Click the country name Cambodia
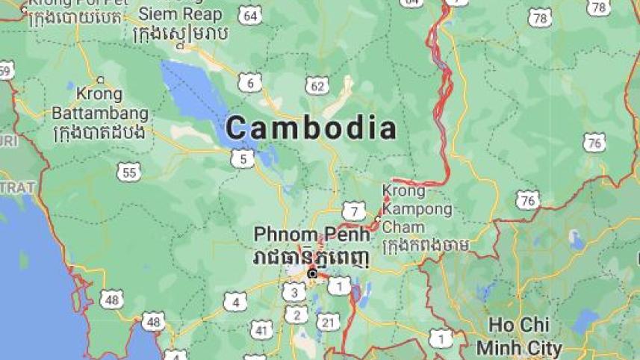[311, 128]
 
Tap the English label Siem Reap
[180, 13]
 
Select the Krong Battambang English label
[100, 104]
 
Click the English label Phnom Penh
[311, 234]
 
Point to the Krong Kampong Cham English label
[417, 209]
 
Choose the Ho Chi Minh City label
[519, 336]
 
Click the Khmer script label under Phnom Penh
[311, 256]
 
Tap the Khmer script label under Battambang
[100, 132]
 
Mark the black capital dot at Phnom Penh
[312, 274]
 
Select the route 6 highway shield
[249, 82]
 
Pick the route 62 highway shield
[317, 86]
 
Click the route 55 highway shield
[128, 173]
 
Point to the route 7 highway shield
[353, 211]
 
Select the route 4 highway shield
[234, 302]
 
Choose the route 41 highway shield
[261, 329]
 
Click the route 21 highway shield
[327, 322]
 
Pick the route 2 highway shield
[296, 315]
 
